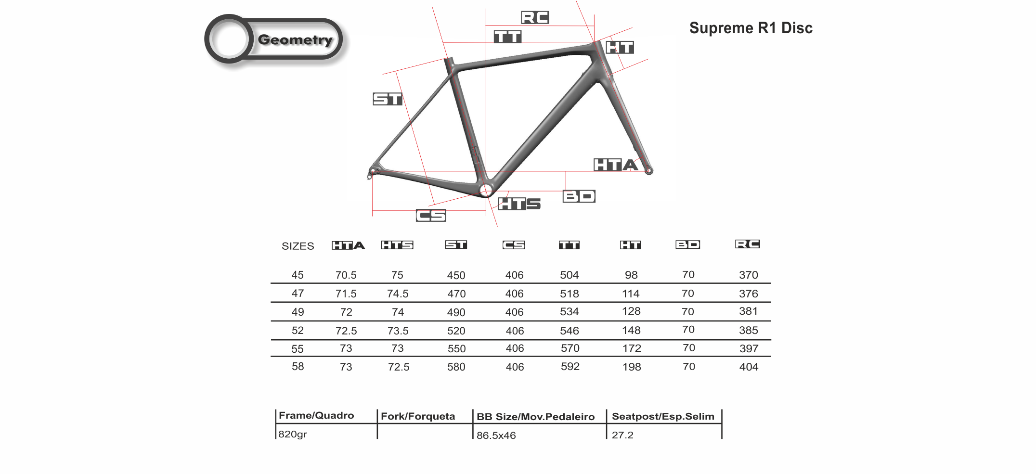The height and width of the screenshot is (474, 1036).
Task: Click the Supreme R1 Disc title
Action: pyautogui.click(x=751, y=28)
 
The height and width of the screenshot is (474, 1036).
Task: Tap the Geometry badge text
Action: pyautogui.click(x=295, y=40)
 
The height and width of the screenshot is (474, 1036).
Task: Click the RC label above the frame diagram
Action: pyautogui.click(x=535, y=18)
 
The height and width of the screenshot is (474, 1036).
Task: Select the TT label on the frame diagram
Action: pyautogui.click(x=507, y=37)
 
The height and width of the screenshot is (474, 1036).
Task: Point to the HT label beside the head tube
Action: pyautogui.click(x=620, y=47)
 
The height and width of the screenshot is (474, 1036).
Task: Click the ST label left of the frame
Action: pyautogui.click(x=388, y=99)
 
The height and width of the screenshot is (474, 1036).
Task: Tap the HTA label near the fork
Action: pyautogui.click(x=615, y=165)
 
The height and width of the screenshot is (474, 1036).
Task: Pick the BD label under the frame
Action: pyautogui.click(x=579, y=196)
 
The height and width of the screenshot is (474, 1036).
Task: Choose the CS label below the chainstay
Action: pyautogui.click(x=431, y=215)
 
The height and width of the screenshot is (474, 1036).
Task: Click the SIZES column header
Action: pyautogui.click(x=298, y=246)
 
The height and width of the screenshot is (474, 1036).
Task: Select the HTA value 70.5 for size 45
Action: pyautogui.click(x=346, y=275)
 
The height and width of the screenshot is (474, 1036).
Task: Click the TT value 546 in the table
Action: pyautogui.click(x=569, y=331)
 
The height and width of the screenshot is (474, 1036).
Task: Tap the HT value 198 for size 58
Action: pyautogui.click(x=631, y=367)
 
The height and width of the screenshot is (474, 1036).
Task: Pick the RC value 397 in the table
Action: pyautogui.click(x=749, y=348)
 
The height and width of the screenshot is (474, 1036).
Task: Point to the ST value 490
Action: pyautogui.click(x=456, y=312)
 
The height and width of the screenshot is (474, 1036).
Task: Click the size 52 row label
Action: pyautogui.click(x=298, y=331)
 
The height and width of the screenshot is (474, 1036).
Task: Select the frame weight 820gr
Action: pyautogui.click(x=293, y=434)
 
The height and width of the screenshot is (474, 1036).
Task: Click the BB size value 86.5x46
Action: pyautogui.click(x=496, y=436)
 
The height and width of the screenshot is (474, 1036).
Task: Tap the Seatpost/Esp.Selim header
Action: pyautogui.click(x=663, y=416)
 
